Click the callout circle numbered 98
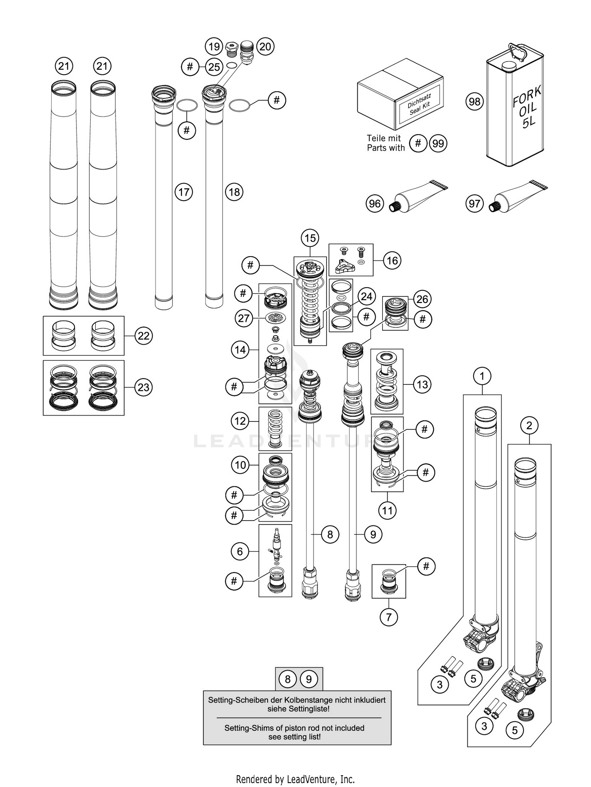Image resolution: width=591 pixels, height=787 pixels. click(474, 102)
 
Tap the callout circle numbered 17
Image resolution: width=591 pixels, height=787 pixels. click(184, 192)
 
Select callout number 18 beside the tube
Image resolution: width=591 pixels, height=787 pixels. click(234, 192)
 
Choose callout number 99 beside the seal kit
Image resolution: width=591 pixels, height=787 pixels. click(438, 143)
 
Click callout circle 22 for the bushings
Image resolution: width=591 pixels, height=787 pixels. click(143, 336)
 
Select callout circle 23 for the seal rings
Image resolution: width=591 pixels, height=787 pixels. click(143, 387)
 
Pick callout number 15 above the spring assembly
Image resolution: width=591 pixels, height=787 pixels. click(310, 238)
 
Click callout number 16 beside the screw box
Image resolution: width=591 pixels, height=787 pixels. click(392, 260)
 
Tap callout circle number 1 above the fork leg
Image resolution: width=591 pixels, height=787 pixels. click(482, 376)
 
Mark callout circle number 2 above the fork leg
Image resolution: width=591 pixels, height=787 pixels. click(529, 425)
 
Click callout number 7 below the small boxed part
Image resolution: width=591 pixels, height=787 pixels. click(388, 617)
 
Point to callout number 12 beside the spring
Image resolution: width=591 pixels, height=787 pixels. click(240, 421)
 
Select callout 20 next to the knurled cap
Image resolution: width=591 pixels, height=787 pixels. click(265, 47)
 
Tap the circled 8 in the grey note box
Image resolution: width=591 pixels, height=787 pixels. click(288, 679)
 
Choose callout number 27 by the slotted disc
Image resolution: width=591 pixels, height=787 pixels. click(243, 318)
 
